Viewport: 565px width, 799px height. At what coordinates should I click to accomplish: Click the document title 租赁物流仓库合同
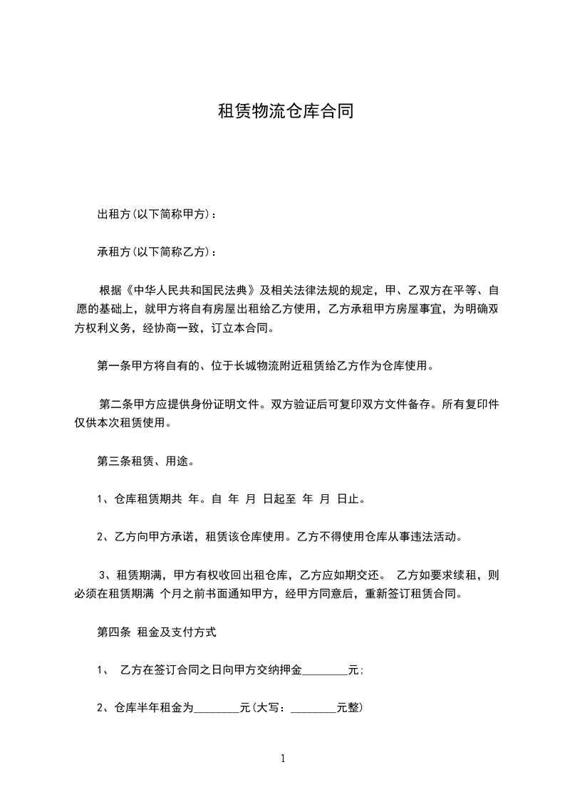(285, 113)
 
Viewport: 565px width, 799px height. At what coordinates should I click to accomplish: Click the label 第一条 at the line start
(110, 367)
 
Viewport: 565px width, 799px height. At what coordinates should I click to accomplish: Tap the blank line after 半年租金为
(217, 709)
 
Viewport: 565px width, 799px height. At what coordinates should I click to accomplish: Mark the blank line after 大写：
(313, 709)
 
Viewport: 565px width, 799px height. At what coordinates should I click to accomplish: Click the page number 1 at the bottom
(283, 759)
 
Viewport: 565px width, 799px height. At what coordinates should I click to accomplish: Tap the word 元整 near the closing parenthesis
(348, 709)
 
